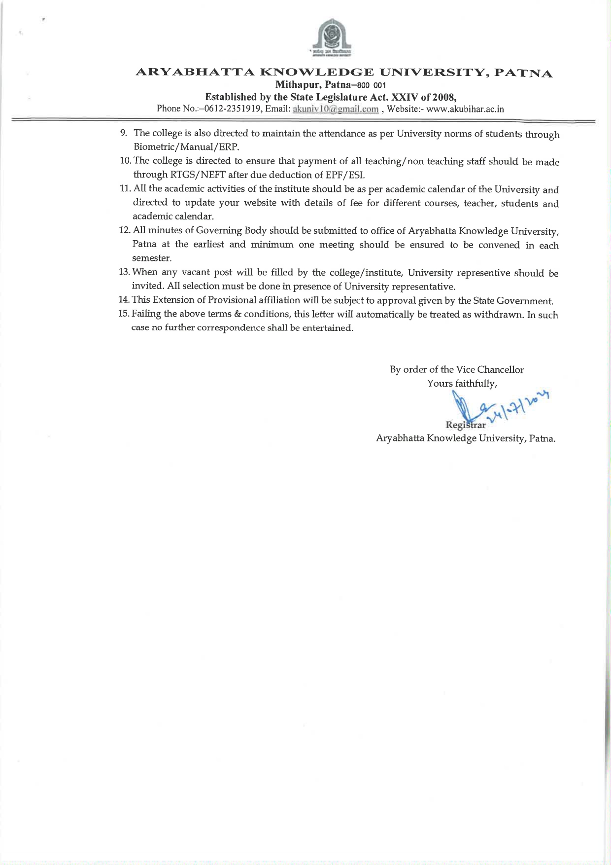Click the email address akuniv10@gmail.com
point(336,109)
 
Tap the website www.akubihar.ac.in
point(465,109)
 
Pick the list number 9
point(124,133)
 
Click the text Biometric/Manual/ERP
point(186,147)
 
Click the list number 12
point(124,230)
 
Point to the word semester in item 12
point(151,258)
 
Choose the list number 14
point(124,300)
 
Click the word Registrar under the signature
point(466,425)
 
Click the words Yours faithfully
point(462,383)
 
